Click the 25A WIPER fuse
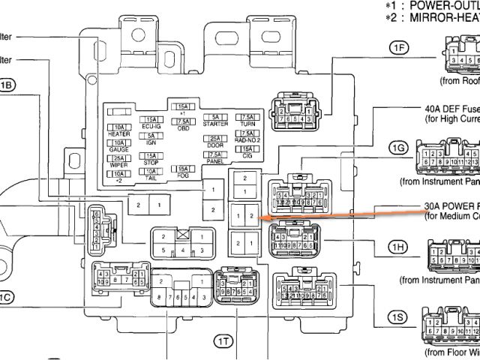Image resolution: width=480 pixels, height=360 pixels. tap(118, 160)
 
